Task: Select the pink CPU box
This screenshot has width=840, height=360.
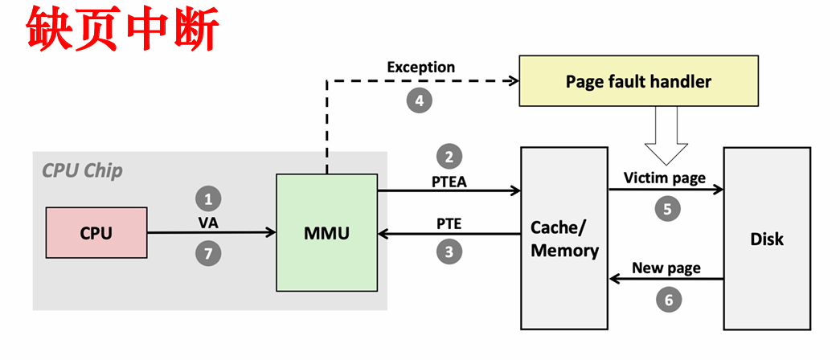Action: [x=96, y=233]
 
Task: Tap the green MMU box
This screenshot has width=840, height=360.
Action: [x=326, y=233]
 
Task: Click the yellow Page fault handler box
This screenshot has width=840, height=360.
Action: [x=638, y=82]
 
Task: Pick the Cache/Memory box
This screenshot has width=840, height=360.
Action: [x=564, y=239]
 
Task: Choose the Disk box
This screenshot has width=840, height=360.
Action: [x=766, y=239]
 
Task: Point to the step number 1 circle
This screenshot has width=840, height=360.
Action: [x=208, y=198]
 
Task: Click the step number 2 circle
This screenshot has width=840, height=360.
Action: [x=449, y=156]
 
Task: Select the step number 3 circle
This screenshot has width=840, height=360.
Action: [x=449, y=252]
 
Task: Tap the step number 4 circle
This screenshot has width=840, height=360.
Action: [x=418, y=100]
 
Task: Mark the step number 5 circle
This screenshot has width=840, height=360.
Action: [x=666, y=209]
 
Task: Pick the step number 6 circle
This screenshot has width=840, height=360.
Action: [x=666, y=300]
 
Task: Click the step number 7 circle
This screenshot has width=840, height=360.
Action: [x=208, y=254]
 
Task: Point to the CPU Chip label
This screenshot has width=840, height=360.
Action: [x=82, y=170]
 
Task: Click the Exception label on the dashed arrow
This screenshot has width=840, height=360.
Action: [x=420, y=67]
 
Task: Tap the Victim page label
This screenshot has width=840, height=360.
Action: [x=665, y=178]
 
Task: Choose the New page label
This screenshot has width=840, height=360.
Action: [x=666, y=268]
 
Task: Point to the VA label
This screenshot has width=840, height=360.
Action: [x=208, y=220]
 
